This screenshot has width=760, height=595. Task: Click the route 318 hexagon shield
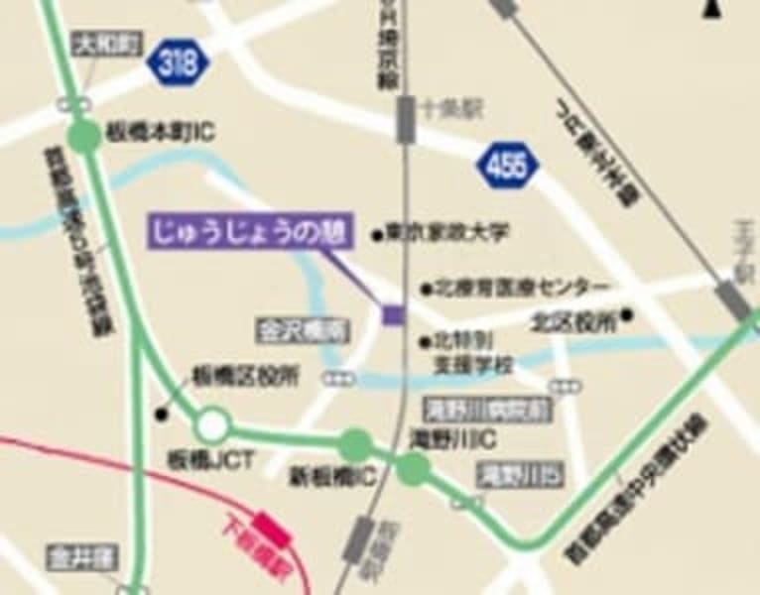pos(180,64)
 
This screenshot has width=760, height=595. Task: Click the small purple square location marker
pos(394,315)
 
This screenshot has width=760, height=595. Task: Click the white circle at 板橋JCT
pos(210,426)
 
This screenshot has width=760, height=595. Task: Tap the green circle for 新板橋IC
pos(355,445)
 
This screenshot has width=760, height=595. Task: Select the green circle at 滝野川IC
pos(413,468)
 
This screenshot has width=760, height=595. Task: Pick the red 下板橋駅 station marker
pos(271,529)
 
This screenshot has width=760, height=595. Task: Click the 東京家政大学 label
pos(447,234)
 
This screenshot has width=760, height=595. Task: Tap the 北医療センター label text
pos(522,288)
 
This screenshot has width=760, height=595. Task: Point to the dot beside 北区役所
pos(627,319)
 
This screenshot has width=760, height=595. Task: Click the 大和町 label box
pos(107,43)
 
